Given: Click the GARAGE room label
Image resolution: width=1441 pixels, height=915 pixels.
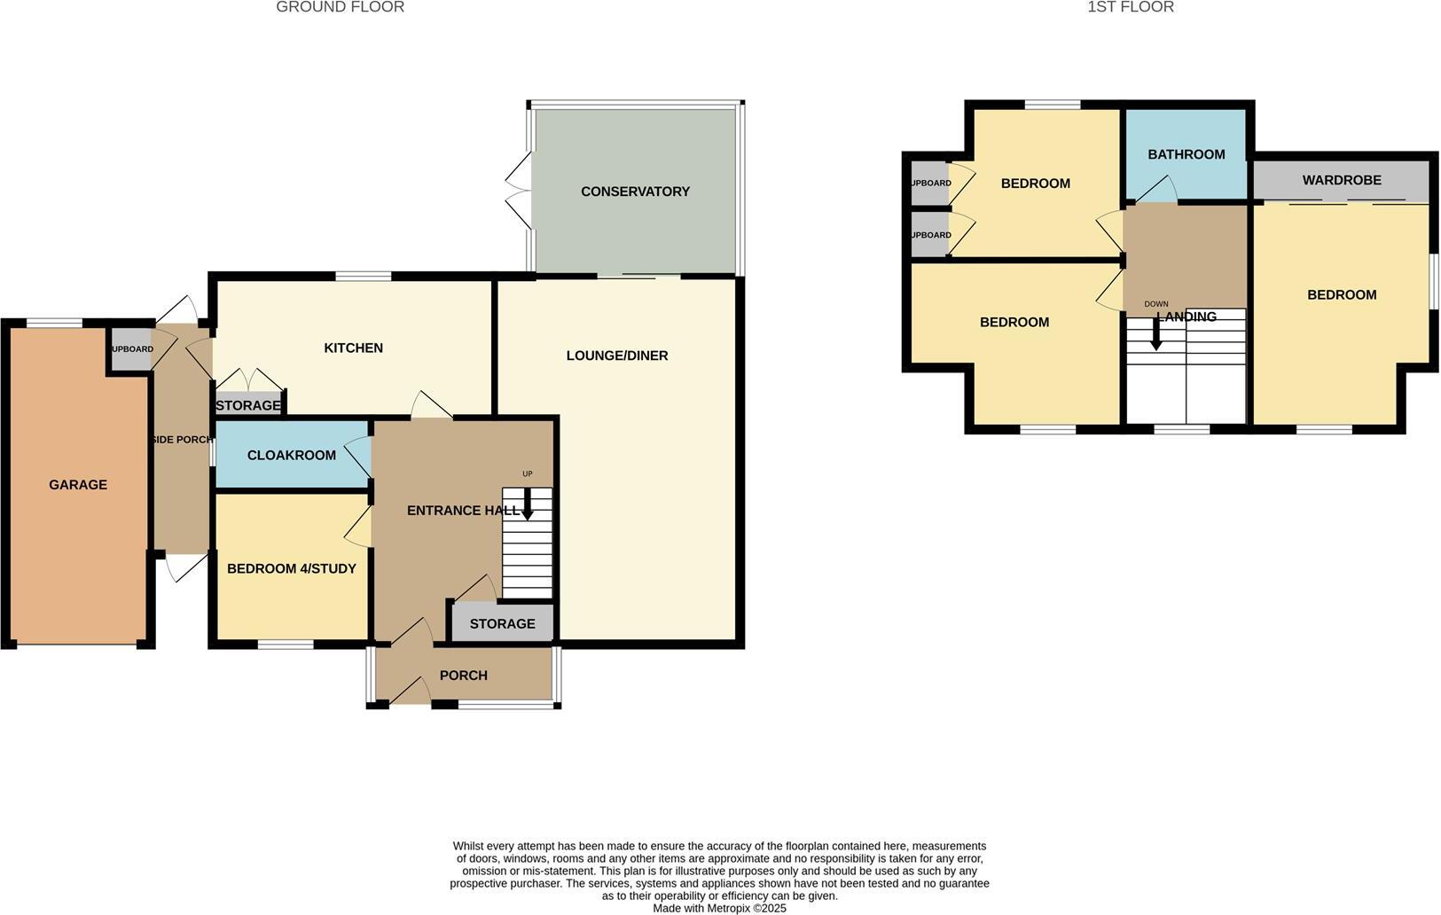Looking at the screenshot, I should click(78, 485).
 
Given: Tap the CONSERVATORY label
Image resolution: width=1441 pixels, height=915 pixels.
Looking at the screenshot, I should click(635, 192).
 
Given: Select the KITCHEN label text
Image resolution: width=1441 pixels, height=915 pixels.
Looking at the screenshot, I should click(353, 348).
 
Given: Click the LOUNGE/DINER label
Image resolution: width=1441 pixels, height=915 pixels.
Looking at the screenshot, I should click(617, 356).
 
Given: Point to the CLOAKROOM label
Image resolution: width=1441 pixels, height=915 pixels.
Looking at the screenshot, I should click(291, 456).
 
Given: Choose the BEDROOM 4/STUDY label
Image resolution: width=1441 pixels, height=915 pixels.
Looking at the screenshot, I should click(291, 569).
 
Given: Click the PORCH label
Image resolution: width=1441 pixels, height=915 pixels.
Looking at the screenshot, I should click(463, 676).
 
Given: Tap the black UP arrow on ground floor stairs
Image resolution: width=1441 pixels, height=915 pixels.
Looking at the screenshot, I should click(528, 507).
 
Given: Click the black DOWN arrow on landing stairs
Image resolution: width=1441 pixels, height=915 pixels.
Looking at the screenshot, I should click(1155, 335).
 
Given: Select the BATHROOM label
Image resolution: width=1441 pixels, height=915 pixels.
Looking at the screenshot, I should click(1186, 154).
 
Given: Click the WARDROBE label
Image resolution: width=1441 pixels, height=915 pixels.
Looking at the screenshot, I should click(1341, 180).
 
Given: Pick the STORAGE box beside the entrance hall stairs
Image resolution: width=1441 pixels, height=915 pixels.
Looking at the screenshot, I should click(502, 624).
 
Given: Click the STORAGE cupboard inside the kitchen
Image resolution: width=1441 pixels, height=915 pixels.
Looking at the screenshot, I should click(248, 405).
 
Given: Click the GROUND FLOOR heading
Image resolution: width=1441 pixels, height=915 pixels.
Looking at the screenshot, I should click(340, 7).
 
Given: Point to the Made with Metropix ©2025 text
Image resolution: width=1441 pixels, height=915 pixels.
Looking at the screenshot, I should click(719, 908).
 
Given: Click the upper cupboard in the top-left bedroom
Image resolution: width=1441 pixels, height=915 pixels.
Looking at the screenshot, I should click(928, 184).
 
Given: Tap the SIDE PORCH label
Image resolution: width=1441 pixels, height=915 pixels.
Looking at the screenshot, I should click(182, 440).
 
